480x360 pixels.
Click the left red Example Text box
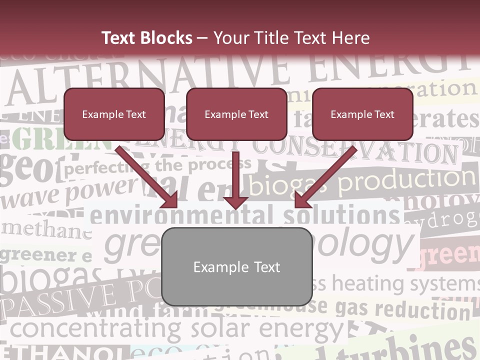coord(114,114)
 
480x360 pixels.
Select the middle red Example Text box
coord(236,114)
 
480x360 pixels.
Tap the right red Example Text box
coord(362,114)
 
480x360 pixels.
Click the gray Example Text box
coord(236,267)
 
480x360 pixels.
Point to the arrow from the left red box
coord(146,176)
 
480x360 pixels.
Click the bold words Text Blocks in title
coord(146,38)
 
